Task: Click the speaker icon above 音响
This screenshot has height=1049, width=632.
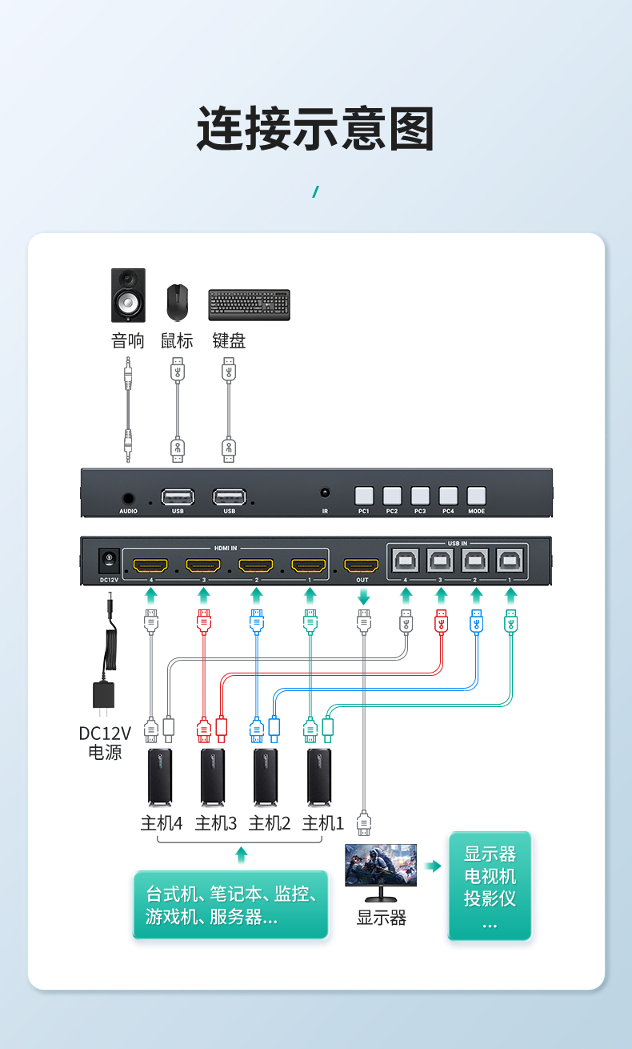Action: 128,295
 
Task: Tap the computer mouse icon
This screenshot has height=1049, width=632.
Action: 178,303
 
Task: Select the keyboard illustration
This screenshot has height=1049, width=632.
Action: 250,305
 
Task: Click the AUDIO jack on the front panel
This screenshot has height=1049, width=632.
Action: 128,498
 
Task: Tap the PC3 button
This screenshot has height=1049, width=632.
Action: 420,496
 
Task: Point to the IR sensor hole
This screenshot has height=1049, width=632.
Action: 325,492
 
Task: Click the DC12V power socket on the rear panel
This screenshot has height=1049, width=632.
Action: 109,561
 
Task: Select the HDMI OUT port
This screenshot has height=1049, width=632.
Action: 361,565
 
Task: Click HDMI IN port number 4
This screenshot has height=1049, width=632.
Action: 150,565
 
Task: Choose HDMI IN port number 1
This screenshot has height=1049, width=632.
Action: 309,565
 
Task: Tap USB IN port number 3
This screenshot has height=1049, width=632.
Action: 440,561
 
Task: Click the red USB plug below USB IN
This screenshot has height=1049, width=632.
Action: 441,621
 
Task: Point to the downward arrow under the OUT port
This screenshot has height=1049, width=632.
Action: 363,597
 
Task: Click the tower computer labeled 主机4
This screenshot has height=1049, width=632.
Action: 160,778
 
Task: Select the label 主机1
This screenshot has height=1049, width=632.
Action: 322,823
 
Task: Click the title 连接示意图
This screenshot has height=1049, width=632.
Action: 316,128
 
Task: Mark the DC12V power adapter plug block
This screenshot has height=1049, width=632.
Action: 104,696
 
